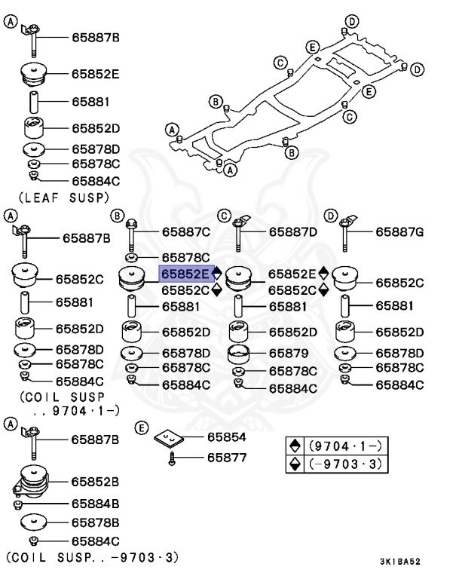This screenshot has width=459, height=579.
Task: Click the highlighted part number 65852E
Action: point(184,274)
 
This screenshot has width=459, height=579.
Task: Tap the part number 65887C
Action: point(186,233)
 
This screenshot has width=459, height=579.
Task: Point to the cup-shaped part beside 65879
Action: point(239,354)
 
